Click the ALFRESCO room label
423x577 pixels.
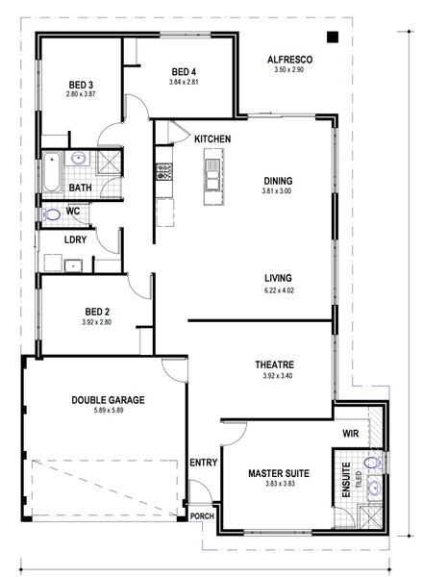289,60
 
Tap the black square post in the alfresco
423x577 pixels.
333,37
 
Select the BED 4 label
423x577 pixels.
184,72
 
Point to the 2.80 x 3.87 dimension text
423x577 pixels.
81,94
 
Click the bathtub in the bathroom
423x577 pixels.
52,172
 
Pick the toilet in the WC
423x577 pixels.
52,214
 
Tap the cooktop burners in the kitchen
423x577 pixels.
164,172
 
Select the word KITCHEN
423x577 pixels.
212,139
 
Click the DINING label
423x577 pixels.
278,181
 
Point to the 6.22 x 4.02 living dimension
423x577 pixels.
279,290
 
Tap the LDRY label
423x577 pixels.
75,239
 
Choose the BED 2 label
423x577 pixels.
97,312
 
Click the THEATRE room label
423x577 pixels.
275,365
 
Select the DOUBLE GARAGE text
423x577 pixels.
108,400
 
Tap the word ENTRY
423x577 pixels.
204,463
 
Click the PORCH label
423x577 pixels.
202,516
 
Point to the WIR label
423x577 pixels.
351,434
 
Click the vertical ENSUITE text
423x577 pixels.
346,480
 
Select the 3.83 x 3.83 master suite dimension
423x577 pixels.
281,484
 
